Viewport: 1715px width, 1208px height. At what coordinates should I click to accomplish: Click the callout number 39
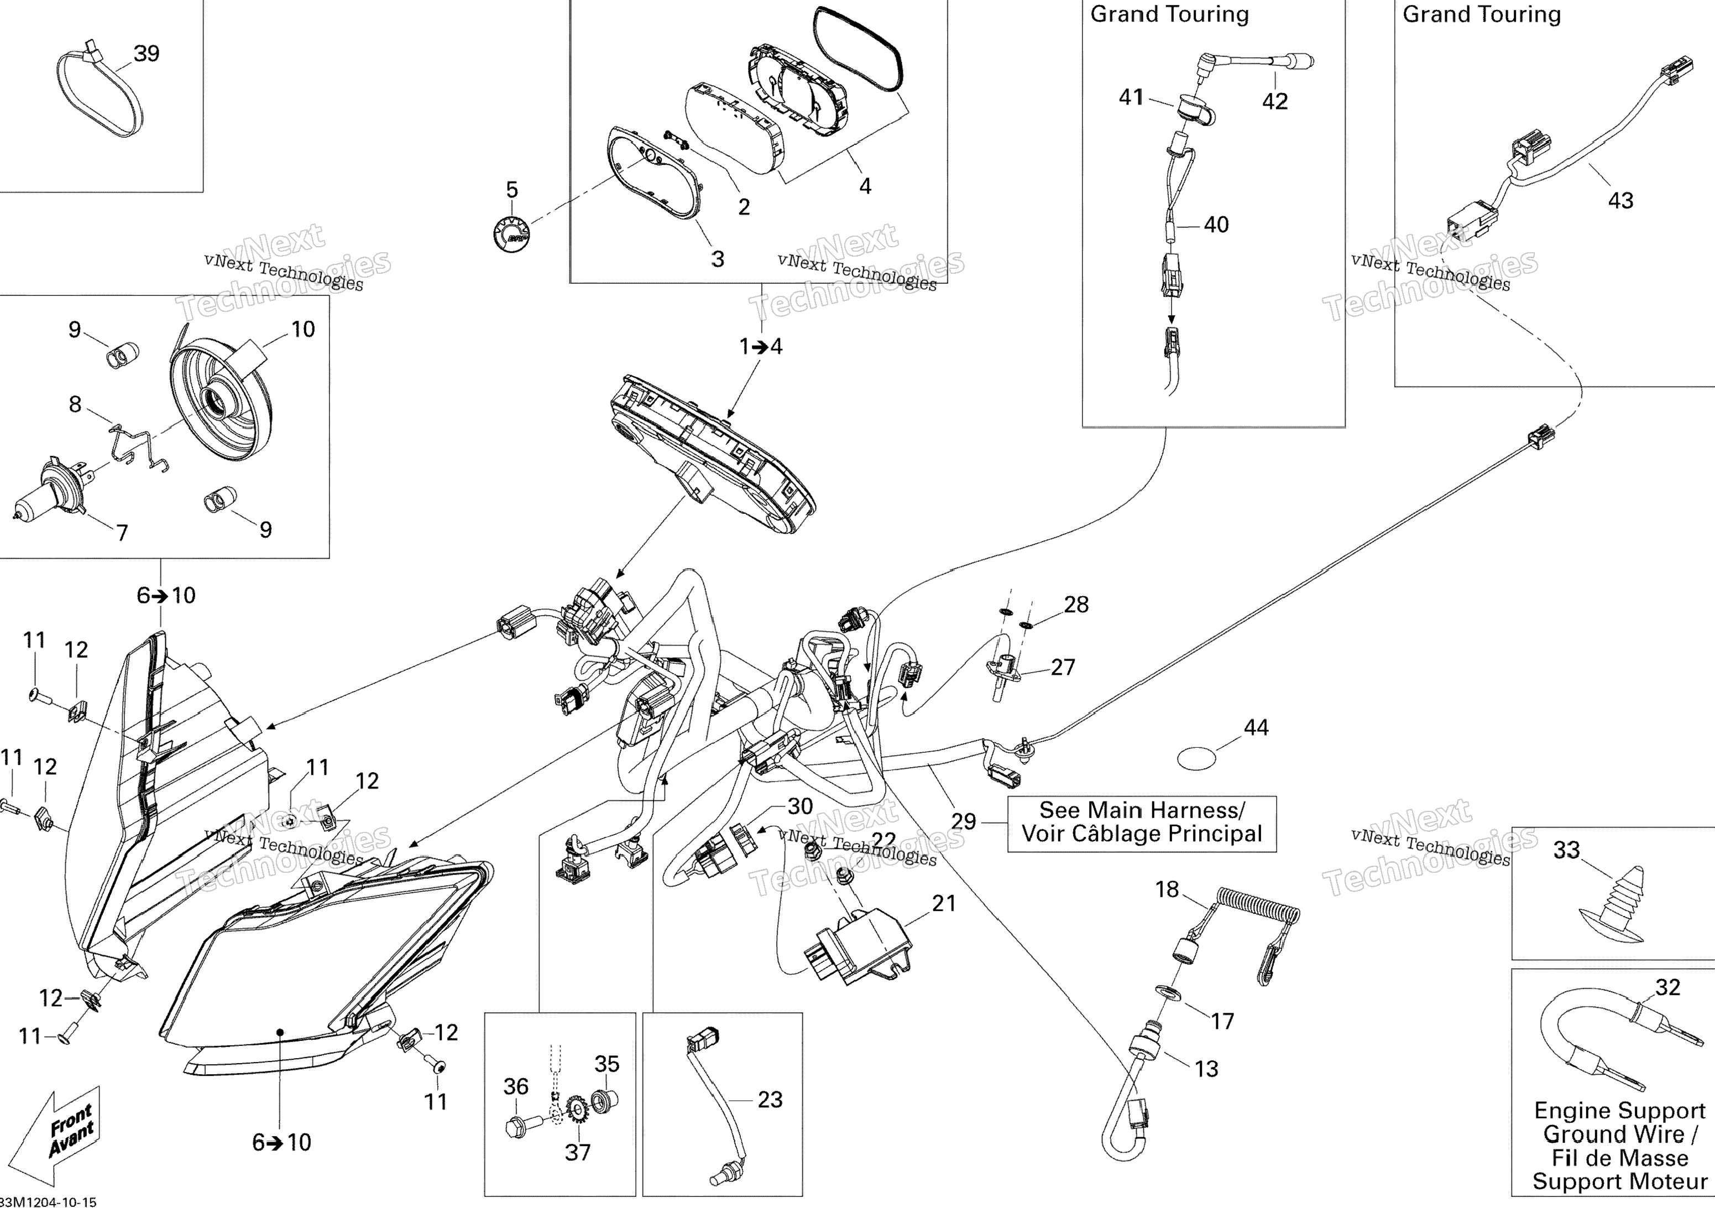coord(147,54)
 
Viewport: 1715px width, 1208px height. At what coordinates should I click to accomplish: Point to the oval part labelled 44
coord(1196,758)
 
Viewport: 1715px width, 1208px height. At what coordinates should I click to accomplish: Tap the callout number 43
coord(1620,200)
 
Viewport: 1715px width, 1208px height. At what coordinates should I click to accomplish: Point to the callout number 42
coord(1274,102)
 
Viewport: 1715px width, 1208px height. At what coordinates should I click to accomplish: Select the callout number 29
coord(964,822)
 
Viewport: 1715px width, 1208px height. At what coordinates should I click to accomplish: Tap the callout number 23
coord(770,1099)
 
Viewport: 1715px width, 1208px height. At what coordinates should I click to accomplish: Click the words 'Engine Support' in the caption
coord(1619,1111)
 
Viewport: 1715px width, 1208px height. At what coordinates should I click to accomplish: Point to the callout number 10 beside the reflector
coord(302,330)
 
